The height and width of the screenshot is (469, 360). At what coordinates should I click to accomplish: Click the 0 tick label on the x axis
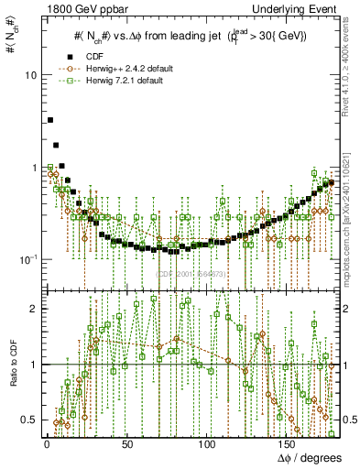tap(46, 444)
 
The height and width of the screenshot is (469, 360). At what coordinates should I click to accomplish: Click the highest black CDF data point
tap(50, 120)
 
